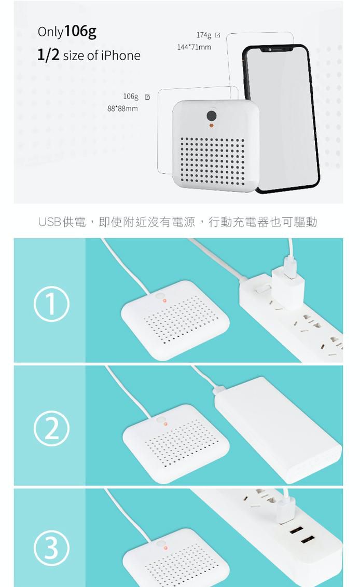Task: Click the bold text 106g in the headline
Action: tap(80, 32)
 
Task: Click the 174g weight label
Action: tap(203, 35)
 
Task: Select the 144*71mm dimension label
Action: tap(194, 47)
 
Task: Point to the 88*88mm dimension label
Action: tap(122, 108)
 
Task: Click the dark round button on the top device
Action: tap(212, 116)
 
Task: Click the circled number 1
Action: tap(51, 304)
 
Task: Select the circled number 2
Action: tap(51, 428)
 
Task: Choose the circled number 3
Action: tap(51, 548)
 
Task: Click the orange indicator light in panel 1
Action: tap(164, 301)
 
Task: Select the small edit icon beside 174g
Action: tap(217, 35)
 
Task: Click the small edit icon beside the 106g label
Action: tap(147, 97)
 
